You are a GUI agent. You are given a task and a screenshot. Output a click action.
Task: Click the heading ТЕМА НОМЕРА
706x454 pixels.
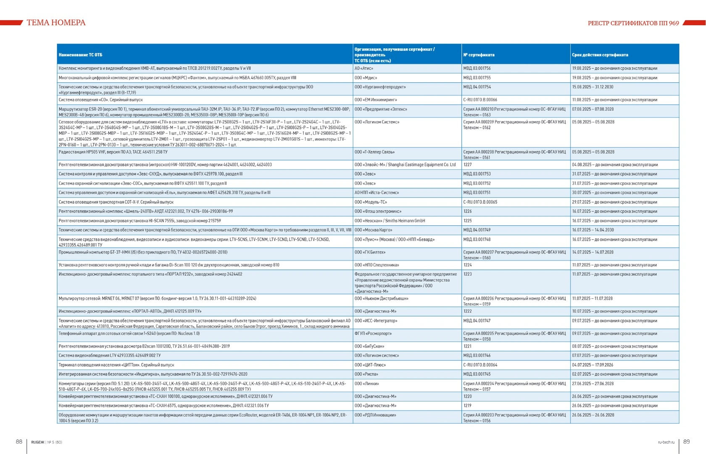click(x=56, y=23)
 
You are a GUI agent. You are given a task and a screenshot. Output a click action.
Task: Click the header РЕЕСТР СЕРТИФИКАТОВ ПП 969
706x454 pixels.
click(x=633, y=23)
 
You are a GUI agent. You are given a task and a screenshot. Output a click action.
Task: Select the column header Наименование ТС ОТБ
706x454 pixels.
click(x=80, y=55)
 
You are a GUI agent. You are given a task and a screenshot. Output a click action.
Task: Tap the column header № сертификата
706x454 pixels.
click(x=479, y=55)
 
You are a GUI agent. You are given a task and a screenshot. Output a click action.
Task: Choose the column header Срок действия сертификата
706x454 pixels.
click(x=600, y=55)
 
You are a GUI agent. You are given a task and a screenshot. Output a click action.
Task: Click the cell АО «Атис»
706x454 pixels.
click(x=364, y=68)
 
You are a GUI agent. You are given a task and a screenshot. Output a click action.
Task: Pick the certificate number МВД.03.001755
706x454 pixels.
click(x=477, y=78)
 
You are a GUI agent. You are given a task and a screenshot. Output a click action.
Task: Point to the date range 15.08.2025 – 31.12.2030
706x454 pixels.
click(x=593, y=87)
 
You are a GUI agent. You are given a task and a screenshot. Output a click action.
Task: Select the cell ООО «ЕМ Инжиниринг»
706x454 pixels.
click(x=375, y=100)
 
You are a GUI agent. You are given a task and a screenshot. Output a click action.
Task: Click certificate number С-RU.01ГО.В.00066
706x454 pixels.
click(x=480, y=100)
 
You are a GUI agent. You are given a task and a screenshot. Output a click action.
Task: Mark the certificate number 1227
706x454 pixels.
click(x=467, y=165)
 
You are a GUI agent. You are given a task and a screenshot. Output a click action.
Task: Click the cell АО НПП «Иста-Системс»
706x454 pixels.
click(x=377, y=193)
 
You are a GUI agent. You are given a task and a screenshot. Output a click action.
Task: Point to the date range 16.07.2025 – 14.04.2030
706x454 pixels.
click(x=593, y=230)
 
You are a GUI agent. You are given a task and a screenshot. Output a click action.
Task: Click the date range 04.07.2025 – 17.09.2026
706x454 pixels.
click(x=593, y=365)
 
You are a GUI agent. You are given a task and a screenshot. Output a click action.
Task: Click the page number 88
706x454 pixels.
click(x=19, y=441)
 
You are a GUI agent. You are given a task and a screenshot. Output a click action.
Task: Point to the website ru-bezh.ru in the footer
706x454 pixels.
click(x=666, y=442)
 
